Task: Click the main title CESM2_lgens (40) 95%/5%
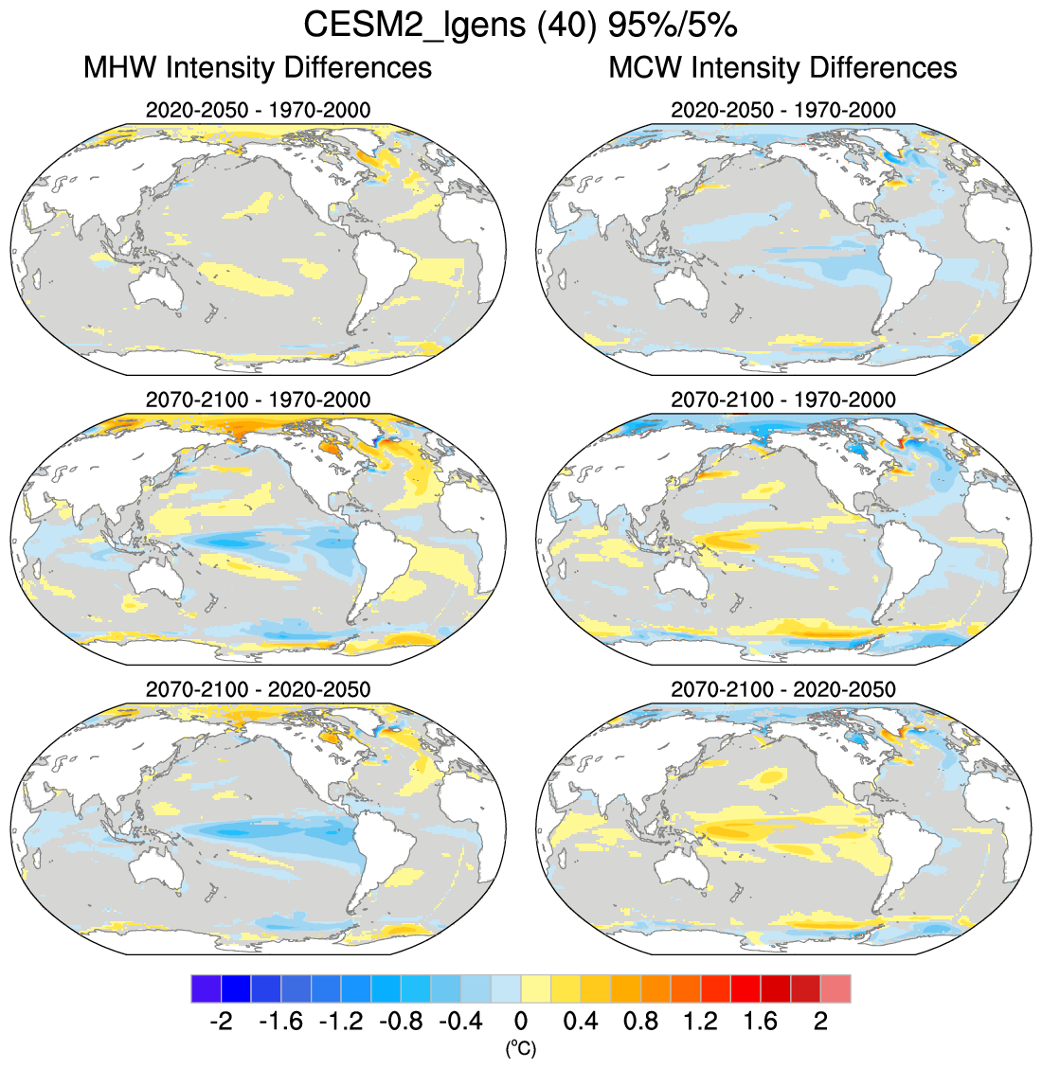click(520, 26)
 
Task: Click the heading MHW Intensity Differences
click(258, 68)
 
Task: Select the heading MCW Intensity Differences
click(782, 68)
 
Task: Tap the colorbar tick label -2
click(220, 1022)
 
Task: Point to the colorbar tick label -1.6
click(279, 1022)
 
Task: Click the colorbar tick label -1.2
click(340, 1022)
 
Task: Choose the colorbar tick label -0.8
click(400, 1022)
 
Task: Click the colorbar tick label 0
click(520, 1022)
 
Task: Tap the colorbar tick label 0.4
click(580, 1022)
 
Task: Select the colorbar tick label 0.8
click(640, 1022)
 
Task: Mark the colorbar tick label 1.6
click(760, 1022)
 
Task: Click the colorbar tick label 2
click(820, 1022)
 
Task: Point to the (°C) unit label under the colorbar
click(520, 1048)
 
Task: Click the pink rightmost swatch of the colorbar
click(835, 988)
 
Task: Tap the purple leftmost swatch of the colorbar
click(206, 988)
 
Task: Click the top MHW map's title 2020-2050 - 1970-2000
click(258, 110)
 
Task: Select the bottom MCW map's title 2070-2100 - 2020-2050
click(782, 689)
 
